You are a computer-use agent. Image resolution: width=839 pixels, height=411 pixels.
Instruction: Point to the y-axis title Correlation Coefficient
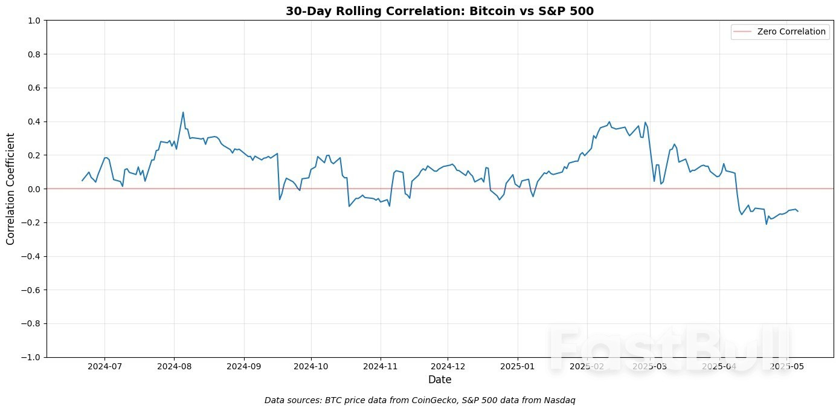pos(10,189)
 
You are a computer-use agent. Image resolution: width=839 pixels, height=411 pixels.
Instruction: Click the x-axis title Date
pos(440,380)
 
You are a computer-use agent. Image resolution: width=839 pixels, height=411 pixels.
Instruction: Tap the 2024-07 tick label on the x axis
pos(104,366)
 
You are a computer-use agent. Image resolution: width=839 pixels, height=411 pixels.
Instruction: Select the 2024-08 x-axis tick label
pos(174,366)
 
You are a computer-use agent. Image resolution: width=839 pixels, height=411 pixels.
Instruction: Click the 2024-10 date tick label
pos(311,366)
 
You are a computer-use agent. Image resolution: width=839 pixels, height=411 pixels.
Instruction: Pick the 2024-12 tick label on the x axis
pos(448,366)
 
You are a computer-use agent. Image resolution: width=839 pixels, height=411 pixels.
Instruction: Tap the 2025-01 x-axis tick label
pos(517,366)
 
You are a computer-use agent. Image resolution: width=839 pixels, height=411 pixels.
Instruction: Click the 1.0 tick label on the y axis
pos(34,21)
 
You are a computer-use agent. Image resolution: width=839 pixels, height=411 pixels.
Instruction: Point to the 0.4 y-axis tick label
pos(34,121)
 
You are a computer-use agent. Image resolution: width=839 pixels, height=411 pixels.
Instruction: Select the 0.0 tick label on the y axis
pos(34,189)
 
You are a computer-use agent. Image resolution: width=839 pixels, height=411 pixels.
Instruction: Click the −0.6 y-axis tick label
pos(31,290)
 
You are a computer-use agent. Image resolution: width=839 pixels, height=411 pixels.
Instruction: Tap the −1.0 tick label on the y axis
pos(31,357)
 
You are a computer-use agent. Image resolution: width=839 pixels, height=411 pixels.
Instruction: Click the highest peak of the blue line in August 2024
pos(183,112)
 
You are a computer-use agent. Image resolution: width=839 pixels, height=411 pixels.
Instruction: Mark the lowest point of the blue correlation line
pos(767,224)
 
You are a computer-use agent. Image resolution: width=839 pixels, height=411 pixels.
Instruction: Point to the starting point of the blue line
pos(82,181)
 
